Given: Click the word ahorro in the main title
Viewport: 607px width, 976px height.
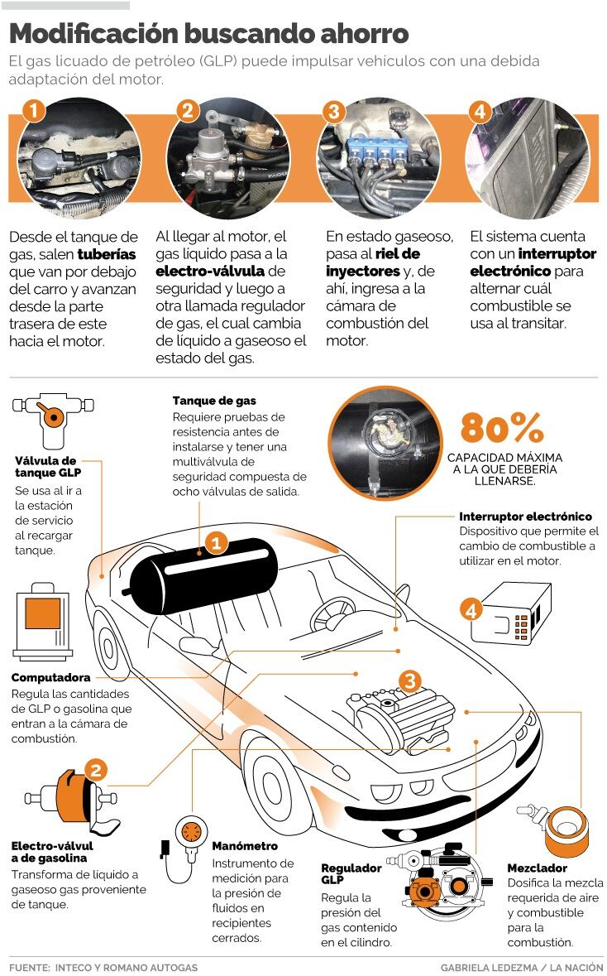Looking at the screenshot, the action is pyautogui.click(x=365, y=34).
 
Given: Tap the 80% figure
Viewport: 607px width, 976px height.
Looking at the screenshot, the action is pyautogui.click(x=502, y=428).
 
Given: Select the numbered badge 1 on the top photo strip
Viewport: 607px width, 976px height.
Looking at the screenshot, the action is pyautogui.click(x=34, y=111).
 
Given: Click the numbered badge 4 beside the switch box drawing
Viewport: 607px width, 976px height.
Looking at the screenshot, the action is pyautogui.click(x=471, y=610).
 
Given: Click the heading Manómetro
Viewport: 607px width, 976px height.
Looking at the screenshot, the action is pyautogui.click(x=245, y=846).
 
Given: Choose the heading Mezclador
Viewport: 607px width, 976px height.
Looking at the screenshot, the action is pyautogui.click(x=537, y=868).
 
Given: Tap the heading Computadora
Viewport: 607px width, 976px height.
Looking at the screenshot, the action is pyautogui.click(x=50, y=677).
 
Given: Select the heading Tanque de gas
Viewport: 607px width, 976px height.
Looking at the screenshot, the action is pyautogui.click(x=214, y=401).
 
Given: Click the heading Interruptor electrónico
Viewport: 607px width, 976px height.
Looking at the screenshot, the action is pyautogui.click(x=525, y=516).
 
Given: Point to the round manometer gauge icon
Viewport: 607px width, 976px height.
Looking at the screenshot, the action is pyautogui.click(x=190, y=832).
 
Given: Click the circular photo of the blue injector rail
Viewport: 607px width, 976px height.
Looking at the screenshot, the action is pyautogui.click(x=379, y=158).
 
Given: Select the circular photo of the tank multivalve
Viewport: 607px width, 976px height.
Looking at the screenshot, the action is pyautogui.click(x=385, y=443).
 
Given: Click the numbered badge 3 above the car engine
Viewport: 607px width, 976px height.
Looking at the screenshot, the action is pyautogui.click(x=410, y=681).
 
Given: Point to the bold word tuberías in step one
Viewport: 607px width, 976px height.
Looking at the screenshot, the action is pyautogui.click(x=107, y=254).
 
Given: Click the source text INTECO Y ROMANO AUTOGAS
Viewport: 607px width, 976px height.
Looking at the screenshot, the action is pyautogui.click(x=127, y=967).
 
